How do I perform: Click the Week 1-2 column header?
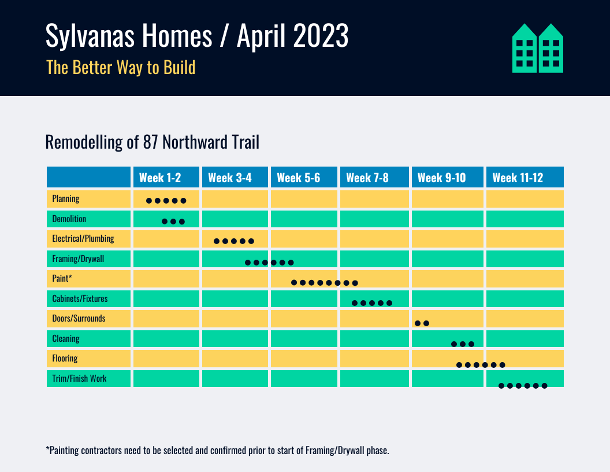pos(160,178)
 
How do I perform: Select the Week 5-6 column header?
pos(298,178)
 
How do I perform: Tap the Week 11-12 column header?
pos(518,178)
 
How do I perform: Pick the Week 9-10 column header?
pos(441,178)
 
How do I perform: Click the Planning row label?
pos(66,199)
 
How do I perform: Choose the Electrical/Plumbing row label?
pos(83,238)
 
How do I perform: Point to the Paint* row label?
pos(62,279)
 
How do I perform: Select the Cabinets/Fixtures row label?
pos(80,299)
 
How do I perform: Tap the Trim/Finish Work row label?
pos(79,379)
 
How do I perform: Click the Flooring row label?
pos(65,359)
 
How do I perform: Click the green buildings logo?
pos(538,48)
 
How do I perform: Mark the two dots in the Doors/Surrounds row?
pos(422,323)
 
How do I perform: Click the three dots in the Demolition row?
pos(173,222)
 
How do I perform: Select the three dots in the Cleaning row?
pos(463,344)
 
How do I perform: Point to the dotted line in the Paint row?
pos(325,283)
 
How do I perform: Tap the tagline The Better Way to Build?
pos(121,68)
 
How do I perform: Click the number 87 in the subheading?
pos(150,142)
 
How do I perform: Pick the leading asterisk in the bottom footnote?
pos(47,449)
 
